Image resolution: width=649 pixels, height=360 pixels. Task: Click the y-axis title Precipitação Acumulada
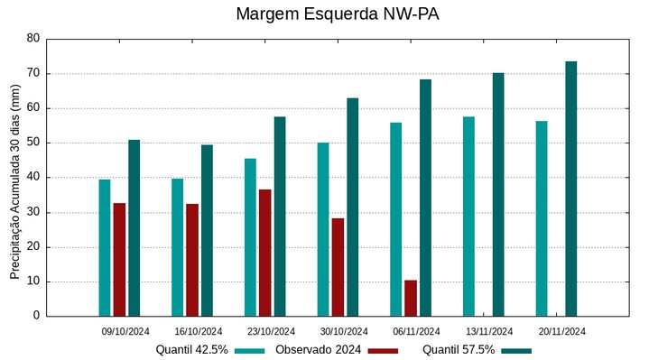[x=14, y=177]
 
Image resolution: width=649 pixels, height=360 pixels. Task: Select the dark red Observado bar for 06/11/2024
[x=411, y=298]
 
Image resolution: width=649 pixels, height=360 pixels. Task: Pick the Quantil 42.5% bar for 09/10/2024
[x=105, y=247]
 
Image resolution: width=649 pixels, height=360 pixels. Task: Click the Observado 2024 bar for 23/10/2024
[x=264, y=253]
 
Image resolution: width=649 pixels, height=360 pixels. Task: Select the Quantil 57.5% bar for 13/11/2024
[x=498, y=194]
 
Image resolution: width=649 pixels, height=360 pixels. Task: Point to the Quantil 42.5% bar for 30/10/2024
[x=323, y=229]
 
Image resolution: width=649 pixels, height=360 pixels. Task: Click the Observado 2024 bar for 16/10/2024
[x=192, y=260]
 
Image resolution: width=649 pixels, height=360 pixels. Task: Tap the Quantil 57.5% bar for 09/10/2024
[x=134, y=227]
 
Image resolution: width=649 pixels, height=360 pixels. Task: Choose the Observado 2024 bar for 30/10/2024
[x=338, y=267]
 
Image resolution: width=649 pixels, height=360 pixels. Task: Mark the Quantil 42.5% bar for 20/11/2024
[x=542, y=218]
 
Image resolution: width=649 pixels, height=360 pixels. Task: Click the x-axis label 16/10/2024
[x=199, y=331]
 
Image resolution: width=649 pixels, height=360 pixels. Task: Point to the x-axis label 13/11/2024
[x=489, y=331]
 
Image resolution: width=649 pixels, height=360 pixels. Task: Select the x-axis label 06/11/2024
[x=416, y=331]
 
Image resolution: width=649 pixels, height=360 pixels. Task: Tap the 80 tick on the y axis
[x=33, y=39]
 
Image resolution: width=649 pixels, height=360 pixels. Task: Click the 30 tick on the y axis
[x=33, y=212]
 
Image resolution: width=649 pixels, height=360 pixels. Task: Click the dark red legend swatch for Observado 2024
[x=384, y=350]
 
